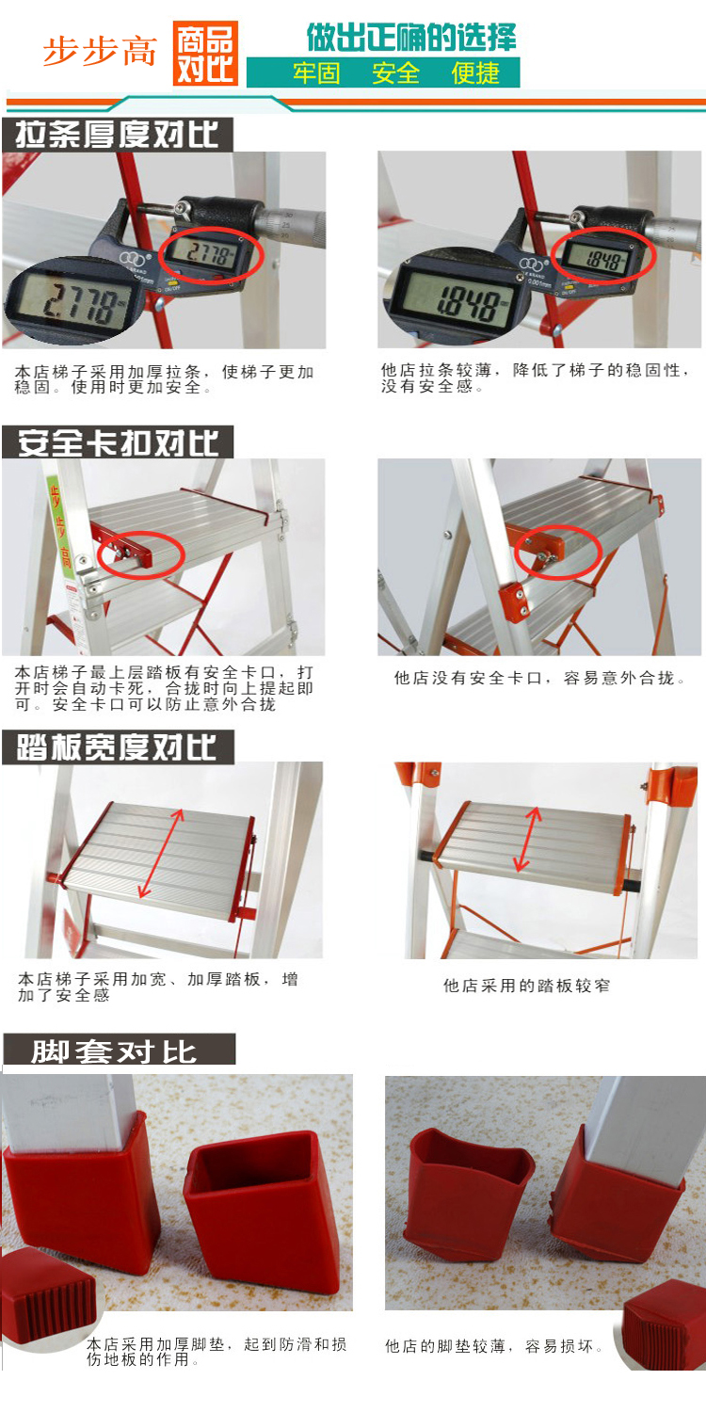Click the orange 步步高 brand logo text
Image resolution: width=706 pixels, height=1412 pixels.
click(x=100, y=52)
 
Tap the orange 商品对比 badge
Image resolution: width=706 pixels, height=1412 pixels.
click(x=205, y=53)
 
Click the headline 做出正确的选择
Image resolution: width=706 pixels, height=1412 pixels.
click(x=411, y=38)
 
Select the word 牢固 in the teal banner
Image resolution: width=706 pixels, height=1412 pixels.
click(x=316, y=73)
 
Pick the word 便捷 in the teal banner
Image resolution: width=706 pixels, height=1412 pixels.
click(x=475, y=73)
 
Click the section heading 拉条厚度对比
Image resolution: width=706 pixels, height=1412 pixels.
click(x=118, y=135)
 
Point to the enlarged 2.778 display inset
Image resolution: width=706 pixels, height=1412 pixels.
click(x=71, y=302)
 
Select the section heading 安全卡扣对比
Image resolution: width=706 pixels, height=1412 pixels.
click(x=118, y=441)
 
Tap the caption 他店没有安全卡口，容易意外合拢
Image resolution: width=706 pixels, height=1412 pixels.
click(x=540, y=678)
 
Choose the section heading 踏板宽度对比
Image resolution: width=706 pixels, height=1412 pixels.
click(x=118, y=747)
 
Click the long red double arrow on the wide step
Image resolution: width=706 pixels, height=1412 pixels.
click(x=161, y=853)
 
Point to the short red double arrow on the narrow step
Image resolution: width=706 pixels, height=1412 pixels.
click(x=527, y=839)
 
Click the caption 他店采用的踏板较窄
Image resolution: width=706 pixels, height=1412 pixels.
click(x=526, y=986)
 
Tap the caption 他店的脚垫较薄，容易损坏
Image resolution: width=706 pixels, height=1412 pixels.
click(x=494, y=1347)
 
